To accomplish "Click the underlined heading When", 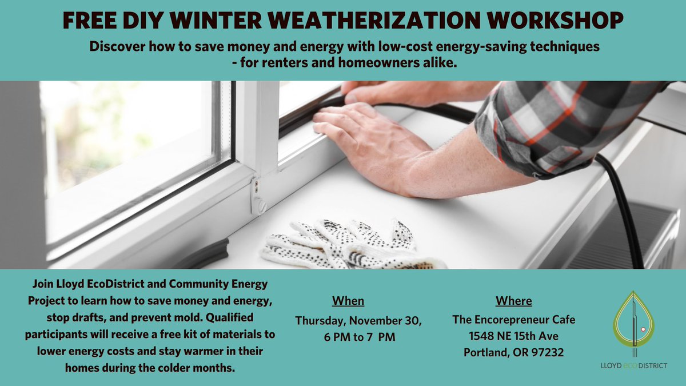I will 348,301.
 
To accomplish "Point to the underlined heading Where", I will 513,301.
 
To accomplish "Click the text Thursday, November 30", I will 358,321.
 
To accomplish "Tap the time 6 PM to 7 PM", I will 359,337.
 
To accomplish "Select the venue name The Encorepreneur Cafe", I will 513,320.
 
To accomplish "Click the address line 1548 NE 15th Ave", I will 513,336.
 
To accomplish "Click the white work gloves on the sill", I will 349,245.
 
